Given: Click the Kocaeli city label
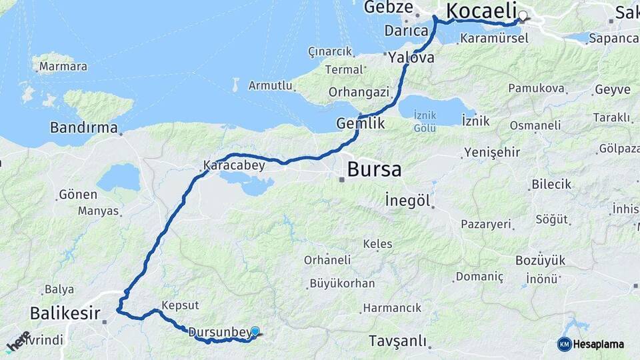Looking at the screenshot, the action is (481, 11).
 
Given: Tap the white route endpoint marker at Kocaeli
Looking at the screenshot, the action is (523, 16).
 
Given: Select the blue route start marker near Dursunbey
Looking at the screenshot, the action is (255, 331).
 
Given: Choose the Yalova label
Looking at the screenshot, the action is (411, 57).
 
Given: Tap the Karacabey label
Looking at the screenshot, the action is (234, 164).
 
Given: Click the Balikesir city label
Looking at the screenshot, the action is (65, 313).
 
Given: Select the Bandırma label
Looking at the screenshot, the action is (84, 127).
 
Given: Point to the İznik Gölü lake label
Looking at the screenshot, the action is (425, 121).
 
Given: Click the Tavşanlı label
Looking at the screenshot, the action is (397, 341).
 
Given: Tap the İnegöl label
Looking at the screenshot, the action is (407, 200).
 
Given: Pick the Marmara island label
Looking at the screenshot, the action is (63, 66).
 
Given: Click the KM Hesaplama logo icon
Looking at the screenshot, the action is (564, 344).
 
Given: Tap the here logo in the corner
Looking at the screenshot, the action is (18, 341).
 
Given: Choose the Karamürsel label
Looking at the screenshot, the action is (494, 38).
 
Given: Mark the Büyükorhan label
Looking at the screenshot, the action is (342, 283).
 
